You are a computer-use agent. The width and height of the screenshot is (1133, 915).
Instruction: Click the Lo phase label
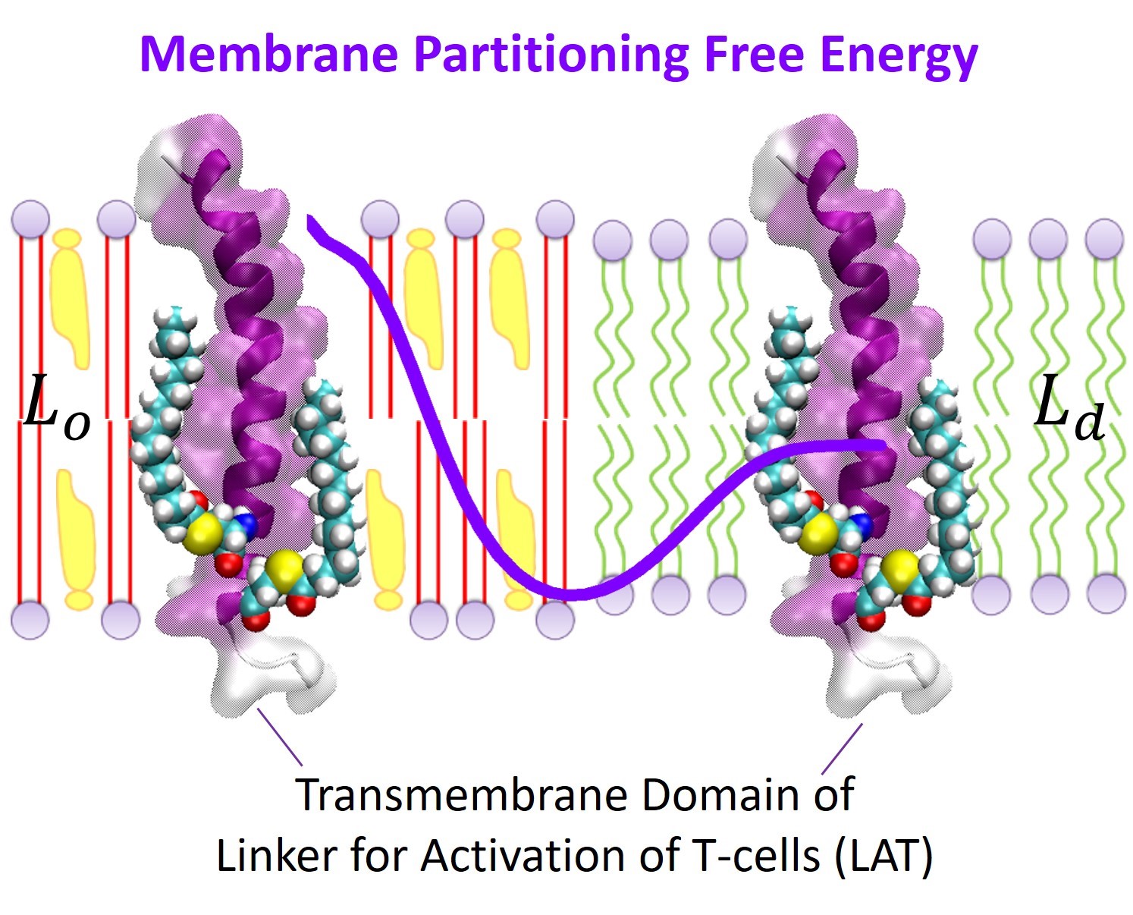pos(56,410)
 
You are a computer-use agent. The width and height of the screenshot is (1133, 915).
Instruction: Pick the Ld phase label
pos(1068,410)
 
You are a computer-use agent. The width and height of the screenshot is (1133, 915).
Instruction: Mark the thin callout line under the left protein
pos(280,736)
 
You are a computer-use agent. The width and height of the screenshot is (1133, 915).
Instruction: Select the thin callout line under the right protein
pos(842,748)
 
